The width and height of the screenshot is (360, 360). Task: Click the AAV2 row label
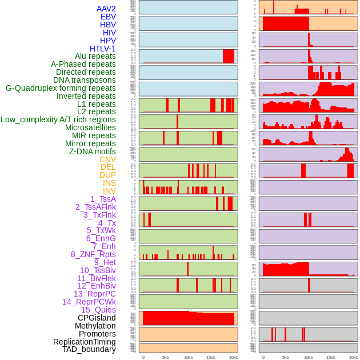[x=106, y=9]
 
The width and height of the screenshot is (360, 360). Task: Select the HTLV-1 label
[x=102, y=49]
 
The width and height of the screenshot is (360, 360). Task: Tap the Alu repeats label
[x=95, y=57]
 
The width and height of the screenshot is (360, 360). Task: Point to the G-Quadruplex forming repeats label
[x=61, y=88]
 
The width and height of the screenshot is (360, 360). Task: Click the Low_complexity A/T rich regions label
[x=58, y=119]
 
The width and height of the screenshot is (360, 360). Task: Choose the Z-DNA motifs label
[x=93, y=151]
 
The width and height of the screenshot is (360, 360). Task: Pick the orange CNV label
[x=107, y=159]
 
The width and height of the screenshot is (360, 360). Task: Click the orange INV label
[x=109, y=191]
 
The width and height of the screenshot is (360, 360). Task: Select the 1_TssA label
[x=103, y=199]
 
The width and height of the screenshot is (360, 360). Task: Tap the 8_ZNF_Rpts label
[x=93, y=254]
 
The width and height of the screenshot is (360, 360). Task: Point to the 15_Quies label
[x=98, y=310]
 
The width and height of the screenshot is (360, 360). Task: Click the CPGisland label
[x=97, y=318]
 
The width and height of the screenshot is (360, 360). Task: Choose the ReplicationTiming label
[x=84, y=342]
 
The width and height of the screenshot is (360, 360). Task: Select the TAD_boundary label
[x=89, y=349]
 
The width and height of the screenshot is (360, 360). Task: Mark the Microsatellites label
[x=90, y=127]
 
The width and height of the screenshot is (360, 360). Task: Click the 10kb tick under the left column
[x=188, y=357]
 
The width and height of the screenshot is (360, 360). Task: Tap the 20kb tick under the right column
[x=353, y=357]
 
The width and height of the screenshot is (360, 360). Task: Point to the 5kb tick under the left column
[x=166, y=357]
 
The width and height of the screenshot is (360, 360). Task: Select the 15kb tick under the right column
[x=331, y=357]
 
